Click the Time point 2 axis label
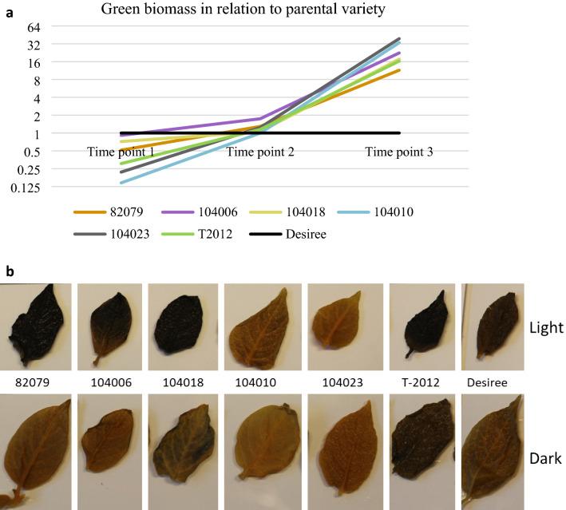click(x=260, y=152)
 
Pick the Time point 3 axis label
click(x=398, y=152)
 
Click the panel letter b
click(x=10, y=272)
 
